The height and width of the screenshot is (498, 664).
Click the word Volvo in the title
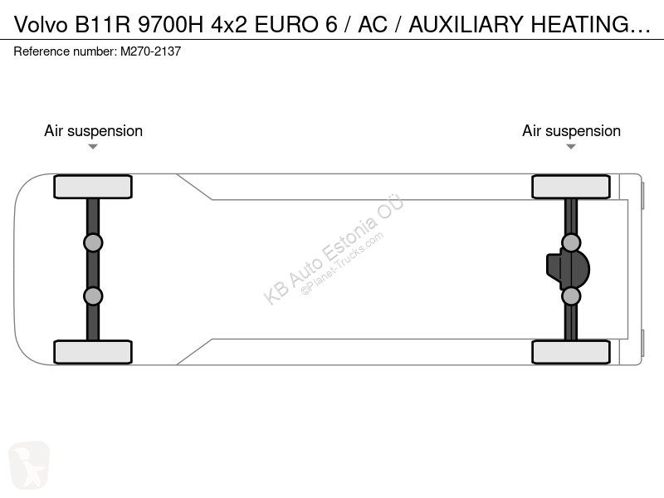41,24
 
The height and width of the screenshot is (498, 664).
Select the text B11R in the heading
103,24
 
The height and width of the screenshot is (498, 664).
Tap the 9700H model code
171,24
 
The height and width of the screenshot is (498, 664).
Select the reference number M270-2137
151,51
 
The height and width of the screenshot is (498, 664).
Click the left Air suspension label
93,131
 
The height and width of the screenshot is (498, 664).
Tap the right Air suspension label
571,131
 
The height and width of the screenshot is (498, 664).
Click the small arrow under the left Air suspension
93,147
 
